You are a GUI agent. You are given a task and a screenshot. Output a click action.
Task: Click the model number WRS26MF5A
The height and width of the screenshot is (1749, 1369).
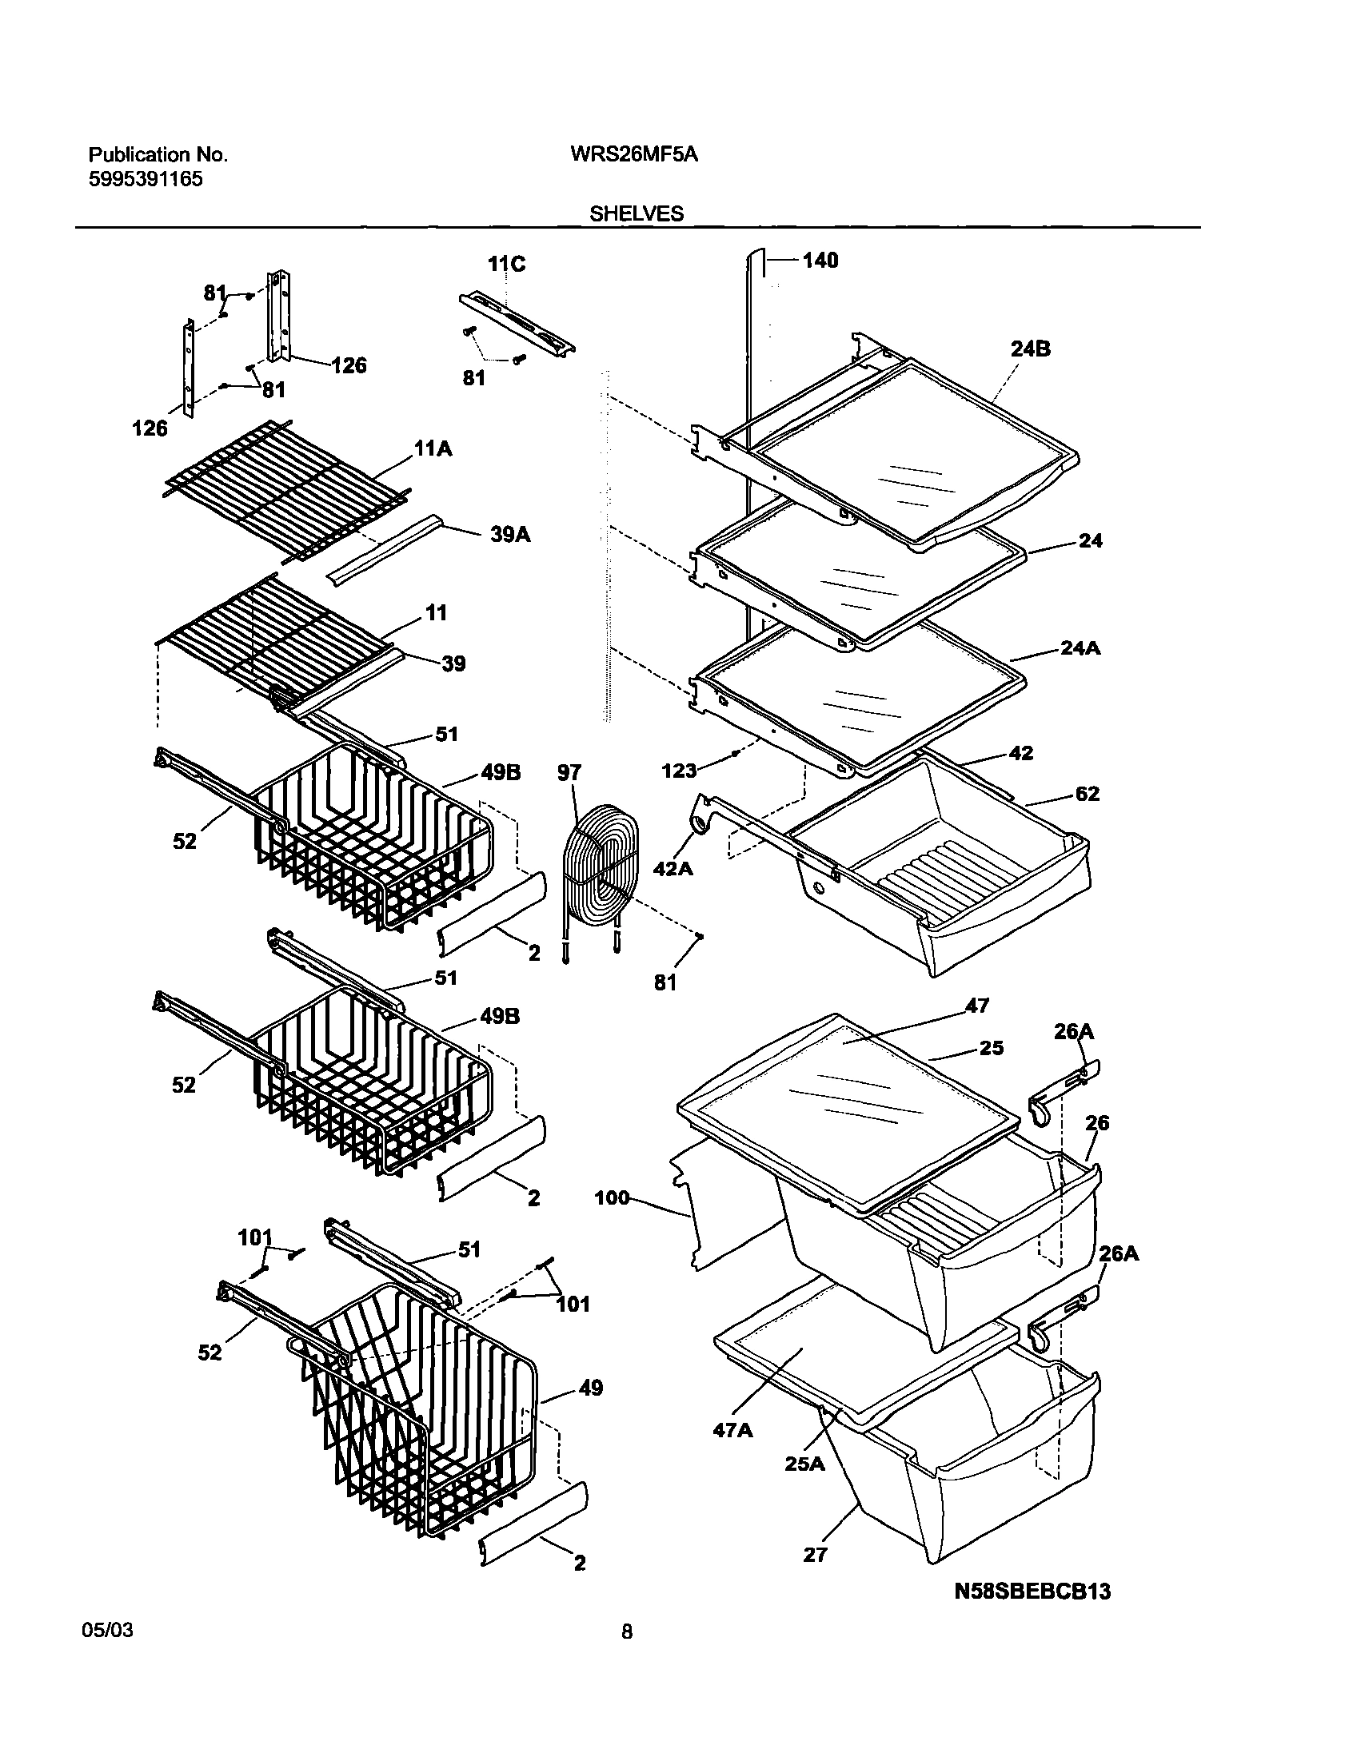[633, 154]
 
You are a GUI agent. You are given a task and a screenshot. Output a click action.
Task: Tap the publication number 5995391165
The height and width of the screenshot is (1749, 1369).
[145, 180]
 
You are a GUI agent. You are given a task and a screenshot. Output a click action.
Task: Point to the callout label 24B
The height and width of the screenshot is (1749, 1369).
[1031, 349]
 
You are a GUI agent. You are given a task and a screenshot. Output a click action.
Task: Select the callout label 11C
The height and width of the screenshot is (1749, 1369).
[506, 265]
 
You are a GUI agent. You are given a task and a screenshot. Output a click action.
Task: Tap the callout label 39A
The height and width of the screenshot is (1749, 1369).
[510, 535]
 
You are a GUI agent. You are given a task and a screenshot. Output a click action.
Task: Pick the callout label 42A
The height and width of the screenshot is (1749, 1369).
[673, 867]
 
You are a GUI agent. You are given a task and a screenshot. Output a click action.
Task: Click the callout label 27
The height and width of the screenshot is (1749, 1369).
[814, 1554]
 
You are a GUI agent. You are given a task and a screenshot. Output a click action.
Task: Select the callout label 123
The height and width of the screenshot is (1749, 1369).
[679, 771]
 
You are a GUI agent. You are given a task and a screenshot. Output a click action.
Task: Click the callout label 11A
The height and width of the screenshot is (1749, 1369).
[433, 449]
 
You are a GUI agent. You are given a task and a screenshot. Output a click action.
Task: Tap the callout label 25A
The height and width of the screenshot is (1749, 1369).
[804, 1464]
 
